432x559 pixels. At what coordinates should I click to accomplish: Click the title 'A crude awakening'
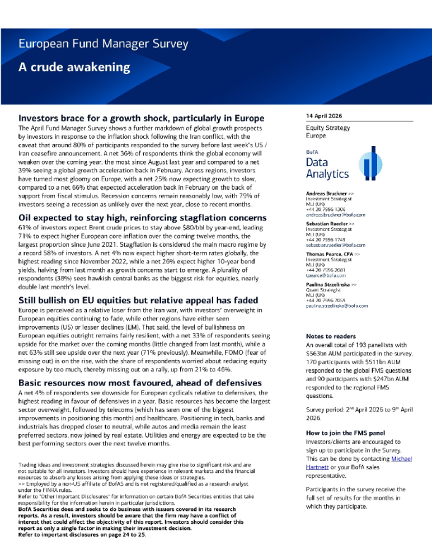point(75,68)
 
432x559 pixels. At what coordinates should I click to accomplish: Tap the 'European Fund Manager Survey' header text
point(99,44)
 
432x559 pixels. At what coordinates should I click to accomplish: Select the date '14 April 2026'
point(326,115)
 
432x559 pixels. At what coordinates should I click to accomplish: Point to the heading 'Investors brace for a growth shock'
point(141,118)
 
